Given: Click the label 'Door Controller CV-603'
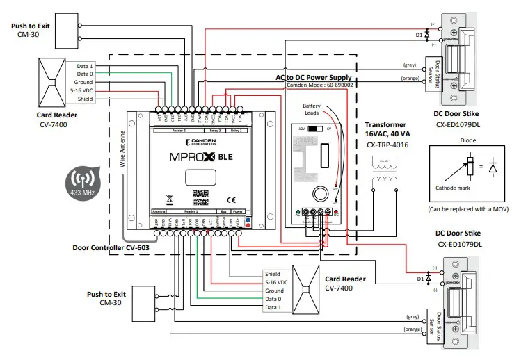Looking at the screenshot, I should (111, 247).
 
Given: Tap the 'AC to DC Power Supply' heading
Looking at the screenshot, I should (313, 78).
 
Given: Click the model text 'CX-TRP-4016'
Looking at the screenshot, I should (387, 146).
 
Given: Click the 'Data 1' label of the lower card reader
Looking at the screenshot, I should (273, 306).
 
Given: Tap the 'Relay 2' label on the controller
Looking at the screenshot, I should (215, 130).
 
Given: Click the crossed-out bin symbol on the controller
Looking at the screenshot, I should (169, 197).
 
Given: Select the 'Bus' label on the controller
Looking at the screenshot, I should (223, 209).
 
